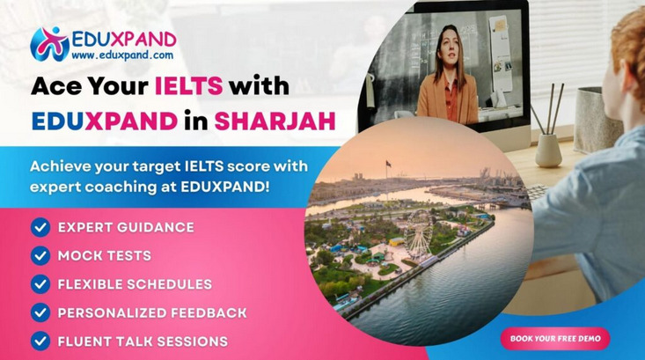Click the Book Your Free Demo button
click(555, 339)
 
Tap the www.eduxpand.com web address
click(122, 55)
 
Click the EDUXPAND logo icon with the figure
click(49, 44)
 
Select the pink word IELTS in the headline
click(189, 85)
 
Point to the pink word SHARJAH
click(275, 121)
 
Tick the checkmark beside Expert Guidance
click(40, 227)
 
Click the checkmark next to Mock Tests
click(40, 255)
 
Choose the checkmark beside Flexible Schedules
click(40, 284)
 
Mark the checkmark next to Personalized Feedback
click(40, 312)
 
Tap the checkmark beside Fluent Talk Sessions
click(40, 341)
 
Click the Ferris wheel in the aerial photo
click(418, 233)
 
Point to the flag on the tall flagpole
click(388, 164)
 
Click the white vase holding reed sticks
click(548, 151)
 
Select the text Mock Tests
click(105, 255)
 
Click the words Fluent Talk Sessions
click(143, 341)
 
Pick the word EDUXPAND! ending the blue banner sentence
click(225, 187)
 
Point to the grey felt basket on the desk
click(594, 120)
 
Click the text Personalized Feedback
click(152, 312)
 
